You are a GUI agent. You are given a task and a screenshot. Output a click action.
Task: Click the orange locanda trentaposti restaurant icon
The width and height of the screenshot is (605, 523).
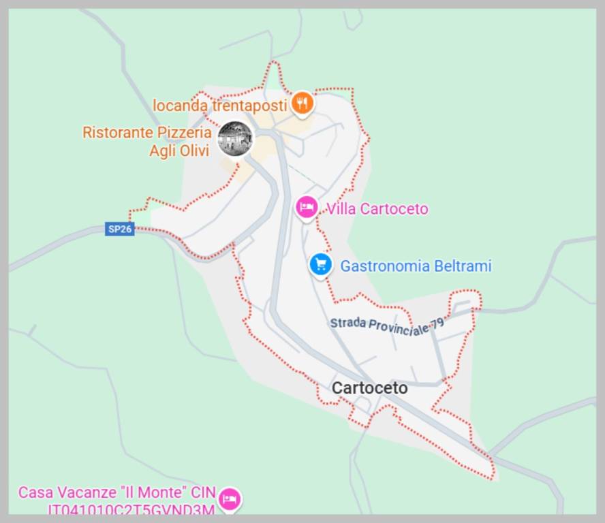[x=302, y=104]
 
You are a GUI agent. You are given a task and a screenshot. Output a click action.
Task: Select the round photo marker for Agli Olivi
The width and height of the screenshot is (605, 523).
[x=235, y=138]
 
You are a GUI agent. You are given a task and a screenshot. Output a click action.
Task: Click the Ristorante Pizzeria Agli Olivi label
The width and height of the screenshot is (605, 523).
[x=147, y=142]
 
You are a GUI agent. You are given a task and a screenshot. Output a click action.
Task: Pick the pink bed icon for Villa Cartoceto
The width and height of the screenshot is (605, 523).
[x=307, y=207]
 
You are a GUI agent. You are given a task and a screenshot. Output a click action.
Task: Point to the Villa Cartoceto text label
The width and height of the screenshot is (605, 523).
[x=377, y=209]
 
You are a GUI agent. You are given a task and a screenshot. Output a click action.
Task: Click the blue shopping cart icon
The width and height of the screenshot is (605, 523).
[x=320, y=265]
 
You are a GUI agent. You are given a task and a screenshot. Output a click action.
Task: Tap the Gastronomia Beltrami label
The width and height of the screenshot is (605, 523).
[x=416, y=266]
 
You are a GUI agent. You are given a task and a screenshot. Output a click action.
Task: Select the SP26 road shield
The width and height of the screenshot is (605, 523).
[x=119, y=229]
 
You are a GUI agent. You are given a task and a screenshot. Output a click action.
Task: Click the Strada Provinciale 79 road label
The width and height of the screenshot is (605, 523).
[x=387, y=325]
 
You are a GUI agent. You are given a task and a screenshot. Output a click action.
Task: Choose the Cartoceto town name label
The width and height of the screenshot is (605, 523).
[x=370, y=388]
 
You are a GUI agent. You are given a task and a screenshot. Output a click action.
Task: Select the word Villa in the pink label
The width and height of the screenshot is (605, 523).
[x=341, y=209]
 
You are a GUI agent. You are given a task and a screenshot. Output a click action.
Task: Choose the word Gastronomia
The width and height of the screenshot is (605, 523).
[x=384, y=266]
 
